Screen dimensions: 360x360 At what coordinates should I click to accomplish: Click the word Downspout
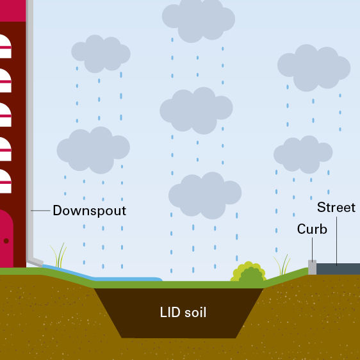coord(90,211)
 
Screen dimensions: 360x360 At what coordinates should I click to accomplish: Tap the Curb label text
coord(312,229)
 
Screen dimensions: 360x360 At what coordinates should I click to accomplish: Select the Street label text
coord(336,208)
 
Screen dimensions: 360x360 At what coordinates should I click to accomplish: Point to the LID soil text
coord(183,312)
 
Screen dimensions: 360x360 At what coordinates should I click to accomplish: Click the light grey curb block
coord(312,267)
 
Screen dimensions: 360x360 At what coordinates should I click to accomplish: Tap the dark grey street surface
coord(338,269)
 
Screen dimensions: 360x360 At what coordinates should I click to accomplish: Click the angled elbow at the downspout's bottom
coord(35,262)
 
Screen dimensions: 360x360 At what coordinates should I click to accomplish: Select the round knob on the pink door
coord(6,241)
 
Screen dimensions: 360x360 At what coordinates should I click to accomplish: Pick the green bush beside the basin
coord(249,272)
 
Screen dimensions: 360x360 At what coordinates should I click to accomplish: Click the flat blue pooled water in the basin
coord(129,279)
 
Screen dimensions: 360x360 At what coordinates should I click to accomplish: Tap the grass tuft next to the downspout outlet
coord(59,256)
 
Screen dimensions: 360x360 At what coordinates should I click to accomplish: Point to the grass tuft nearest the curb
coord(282,265)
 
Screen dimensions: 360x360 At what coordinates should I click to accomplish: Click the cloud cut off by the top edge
coord(199,19)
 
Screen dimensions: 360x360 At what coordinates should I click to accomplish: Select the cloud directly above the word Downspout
coord(94,150)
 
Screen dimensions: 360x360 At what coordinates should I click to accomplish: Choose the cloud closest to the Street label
coord(303,154)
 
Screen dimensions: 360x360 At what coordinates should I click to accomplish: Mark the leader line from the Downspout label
coord(40,210)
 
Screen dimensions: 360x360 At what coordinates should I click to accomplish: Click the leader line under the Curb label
coord(312,250)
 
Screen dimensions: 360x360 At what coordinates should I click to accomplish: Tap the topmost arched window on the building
coord(5,46)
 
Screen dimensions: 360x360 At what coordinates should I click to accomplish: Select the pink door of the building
coord(6,238)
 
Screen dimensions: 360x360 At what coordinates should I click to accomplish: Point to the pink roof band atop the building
coord(13,11)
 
